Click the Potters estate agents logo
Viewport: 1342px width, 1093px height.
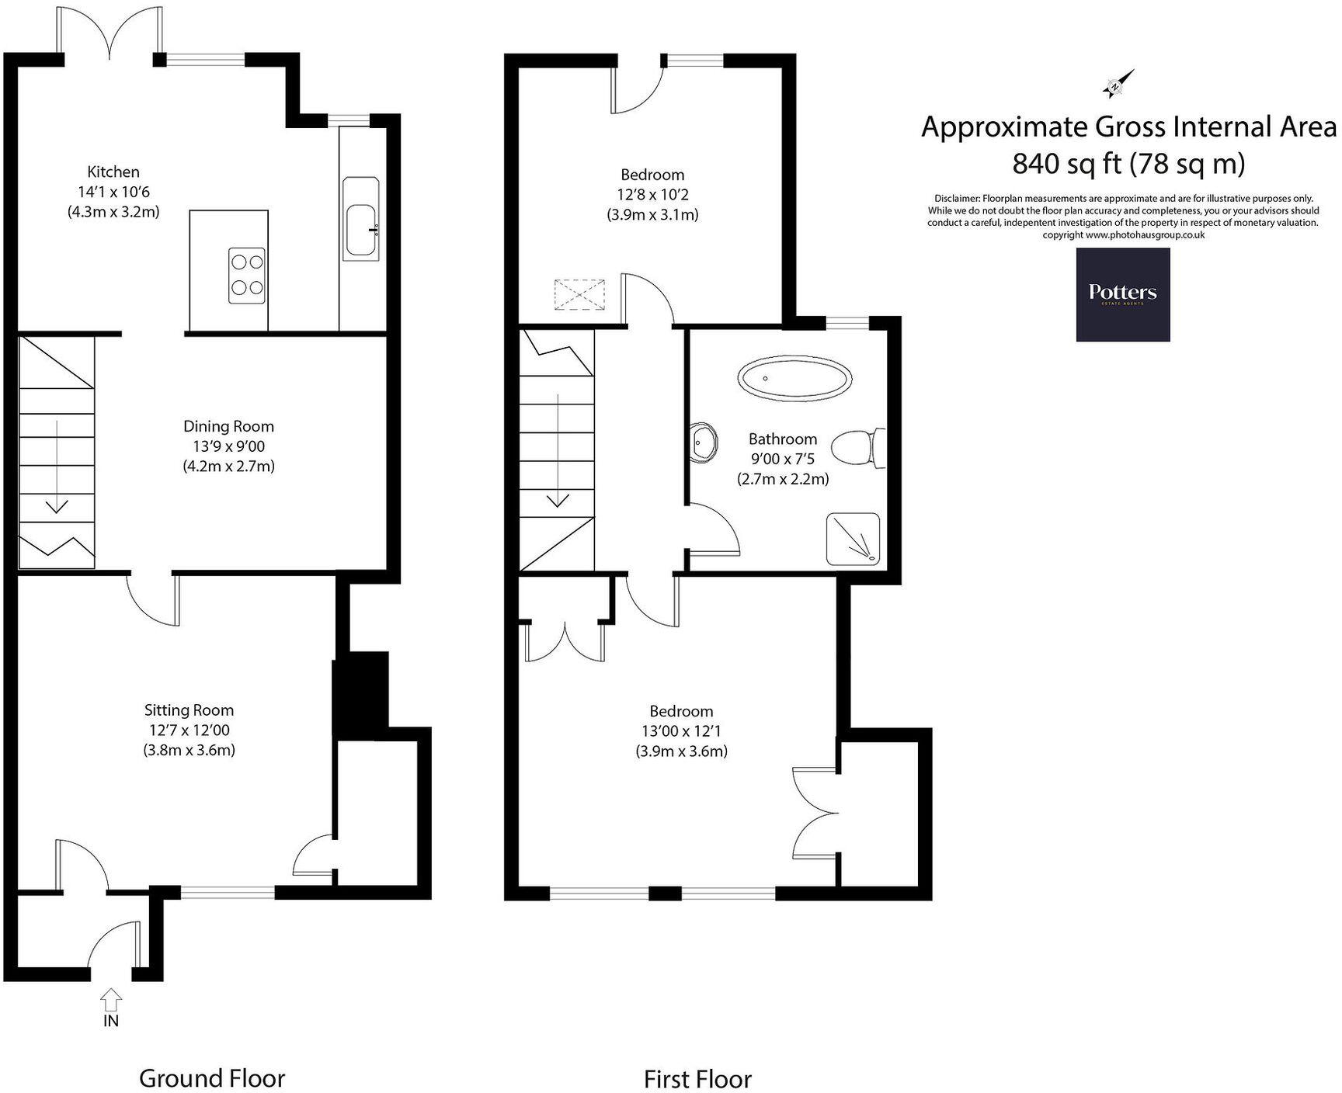pos(1122,294)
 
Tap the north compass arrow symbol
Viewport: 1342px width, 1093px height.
pos(1118,84)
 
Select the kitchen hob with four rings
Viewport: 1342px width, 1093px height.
pos(248,276)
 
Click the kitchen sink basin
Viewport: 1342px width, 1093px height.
pos(361,230)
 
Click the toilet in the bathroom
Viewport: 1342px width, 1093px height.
pos(858,448)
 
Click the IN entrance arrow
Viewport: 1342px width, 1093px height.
pos(111,998)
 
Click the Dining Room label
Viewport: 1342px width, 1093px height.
pos(228,426)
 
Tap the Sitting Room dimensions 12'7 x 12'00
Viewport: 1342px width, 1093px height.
pos(189,730)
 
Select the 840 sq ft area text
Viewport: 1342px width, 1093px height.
pos(1128,164)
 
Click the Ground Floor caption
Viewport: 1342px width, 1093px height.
pos(212,1078)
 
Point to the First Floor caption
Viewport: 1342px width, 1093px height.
pos(697,1079)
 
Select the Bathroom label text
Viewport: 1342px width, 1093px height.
pos(782,439)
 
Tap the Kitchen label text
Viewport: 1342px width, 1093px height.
pos(113,172)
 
